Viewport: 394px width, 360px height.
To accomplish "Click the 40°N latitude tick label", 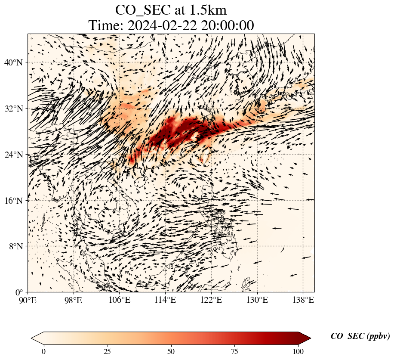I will coord(15,62).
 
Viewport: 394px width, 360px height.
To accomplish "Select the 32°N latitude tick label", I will coord(15,109).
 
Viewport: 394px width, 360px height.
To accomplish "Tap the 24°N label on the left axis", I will coord(15,155).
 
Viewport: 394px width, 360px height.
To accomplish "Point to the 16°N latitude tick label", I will coord(15,200).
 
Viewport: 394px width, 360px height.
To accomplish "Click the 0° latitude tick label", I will coord(20,292).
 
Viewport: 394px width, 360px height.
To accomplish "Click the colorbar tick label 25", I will coord(107,351).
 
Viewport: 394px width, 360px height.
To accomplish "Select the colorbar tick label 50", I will coord(171,351).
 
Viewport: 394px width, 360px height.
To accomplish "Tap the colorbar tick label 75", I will coord(235,351).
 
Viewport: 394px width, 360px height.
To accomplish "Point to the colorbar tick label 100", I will coord(299,351).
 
